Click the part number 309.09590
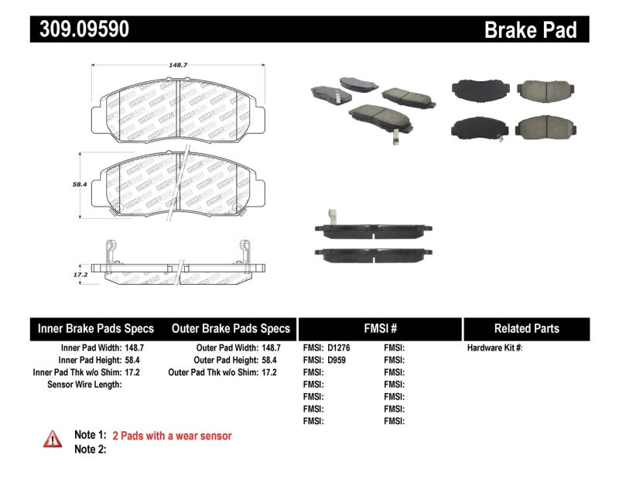(80, 29)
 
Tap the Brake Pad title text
(530, 30)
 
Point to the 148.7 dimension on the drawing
(178, 66)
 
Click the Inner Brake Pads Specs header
(96, 328)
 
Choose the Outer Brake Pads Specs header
(231, 328)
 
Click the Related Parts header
(526, 328)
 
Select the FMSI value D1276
(338, 348)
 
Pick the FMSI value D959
(336, 360)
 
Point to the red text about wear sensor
(172, 436)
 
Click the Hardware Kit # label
(495, 348)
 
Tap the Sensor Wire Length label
(85, 384)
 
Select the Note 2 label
(90, 449)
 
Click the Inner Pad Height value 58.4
(135, 360)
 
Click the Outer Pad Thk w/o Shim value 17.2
(268, 372)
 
